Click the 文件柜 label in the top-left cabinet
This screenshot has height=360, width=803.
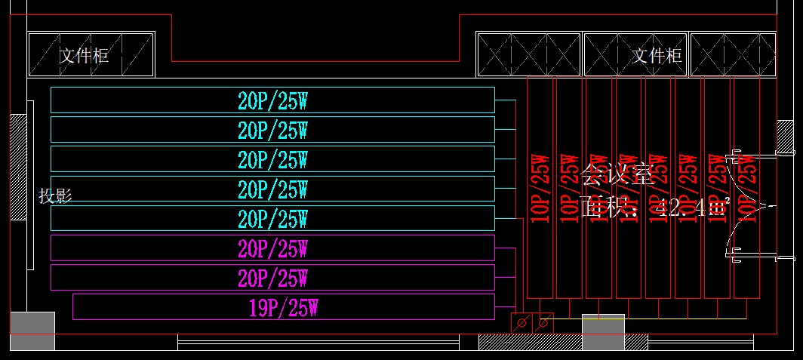click(85, 55)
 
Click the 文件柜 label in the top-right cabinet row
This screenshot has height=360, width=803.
click(657, 55)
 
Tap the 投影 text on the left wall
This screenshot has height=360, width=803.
click(55, 196)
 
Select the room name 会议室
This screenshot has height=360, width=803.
click(617, 175)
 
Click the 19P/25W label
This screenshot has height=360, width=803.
click(283, 308)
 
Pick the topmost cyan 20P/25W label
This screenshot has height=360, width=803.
click(272, 100)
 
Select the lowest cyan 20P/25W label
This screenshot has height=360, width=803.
click(272, 219)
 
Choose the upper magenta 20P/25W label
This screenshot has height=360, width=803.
click(272, 248)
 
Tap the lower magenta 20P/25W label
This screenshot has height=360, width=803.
click(272, 278)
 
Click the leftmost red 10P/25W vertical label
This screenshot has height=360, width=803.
click(540, 189)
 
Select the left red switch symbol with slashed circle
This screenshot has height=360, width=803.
click(521, 323)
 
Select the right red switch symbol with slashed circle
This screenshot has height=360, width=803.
click(542, 323)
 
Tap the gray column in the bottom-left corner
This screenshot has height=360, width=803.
click(32, 331)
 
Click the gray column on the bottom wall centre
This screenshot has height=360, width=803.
click(603, 332)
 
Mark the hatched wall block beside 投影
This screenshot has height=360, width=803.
click(18, 167)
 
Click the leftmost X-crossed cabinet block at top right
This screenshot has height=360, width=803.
click(528, 55)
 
